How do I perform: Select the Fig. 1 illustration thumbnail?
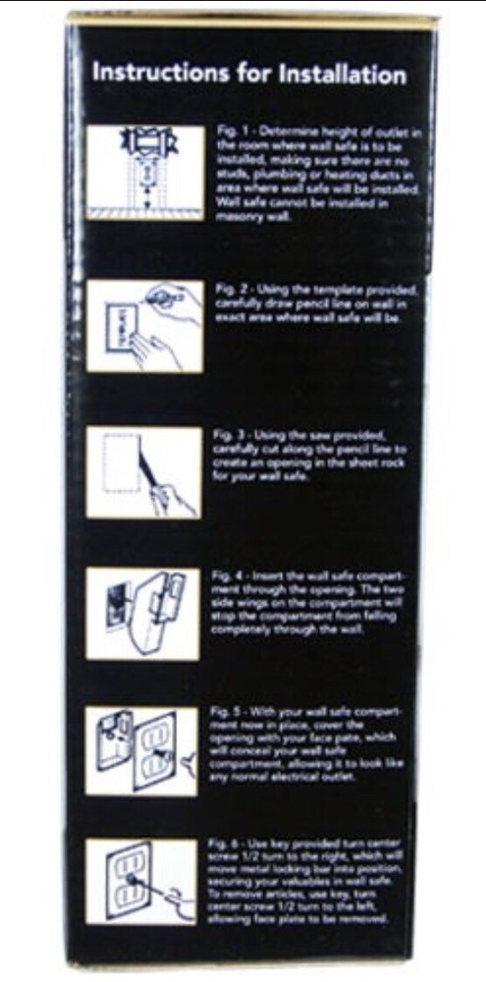click(x=144, y=172)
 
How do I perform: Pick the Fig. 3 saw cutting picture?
click(x=144, y=471)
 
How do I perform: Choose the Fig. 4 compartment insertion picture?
click(x=144, y=614)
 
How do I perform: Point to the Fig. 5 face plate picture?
click(x=144, y=750)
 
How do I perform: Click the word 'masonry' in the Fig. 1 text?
click(x=236, y=217)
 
